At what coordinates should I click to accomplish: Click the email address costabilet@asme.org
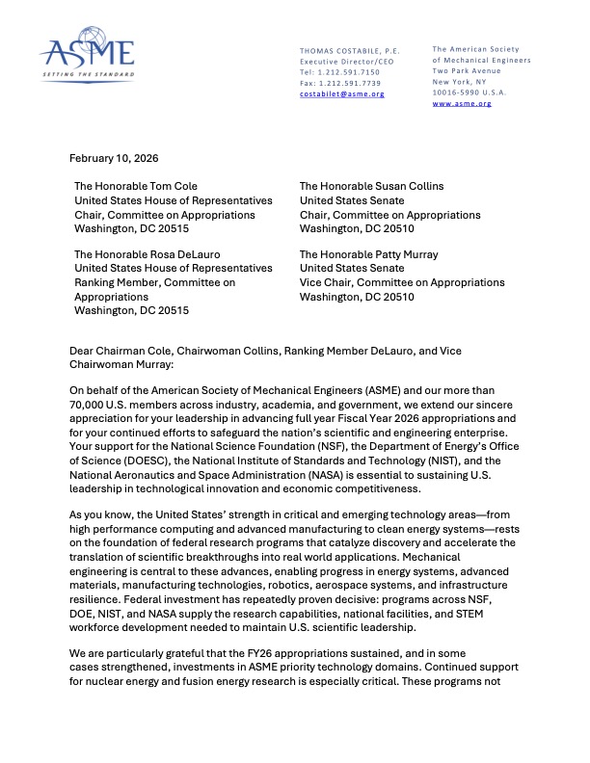(341, 93)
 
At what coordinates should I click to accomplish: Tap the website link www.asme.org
(462, 103)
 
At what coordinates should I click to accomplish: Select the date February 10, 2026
(114, 158)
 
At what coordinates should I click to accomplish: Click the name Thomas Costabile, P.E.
(350, 50)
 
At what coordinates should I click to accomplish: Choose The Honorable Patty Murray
(369, 254)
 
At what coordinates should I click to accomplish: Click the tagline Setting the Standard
(87, 73)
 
